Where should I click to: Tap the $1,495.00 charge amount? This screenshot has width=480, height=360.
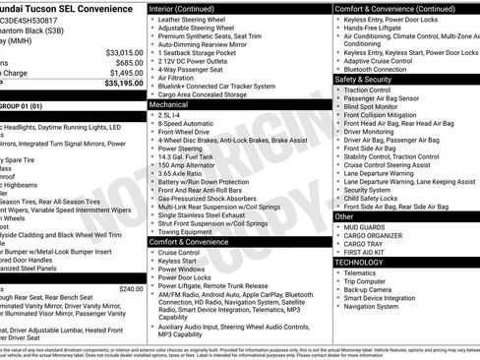pyautogui.click(x=126, y=73)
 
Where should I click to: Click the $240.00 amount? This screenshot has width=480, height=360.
pyautogui.click(x=131, y=288)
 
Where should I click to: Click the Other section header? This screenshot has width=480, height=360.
pyautogui.click(x=343, y=216)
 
